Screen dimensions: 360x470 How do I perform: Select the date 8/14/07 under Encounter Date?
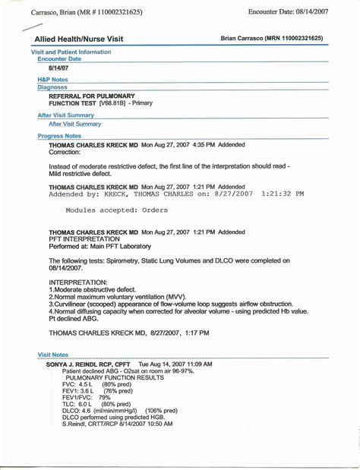[58, 68]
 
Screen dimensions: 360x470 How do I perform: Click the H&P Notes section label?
[52, 79]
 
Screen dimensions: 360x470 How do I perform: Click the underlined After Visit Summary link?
[74, 124]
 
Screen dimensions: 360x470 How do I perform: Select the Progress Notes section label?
[59, 136]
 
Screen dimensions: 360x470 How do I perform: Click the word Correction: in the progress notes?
[65, 152]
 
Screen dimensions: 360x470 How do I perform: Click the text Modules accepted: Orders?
[117, 210]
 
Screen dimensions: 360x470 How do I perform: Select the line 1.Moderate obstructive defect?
[97, 289]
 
